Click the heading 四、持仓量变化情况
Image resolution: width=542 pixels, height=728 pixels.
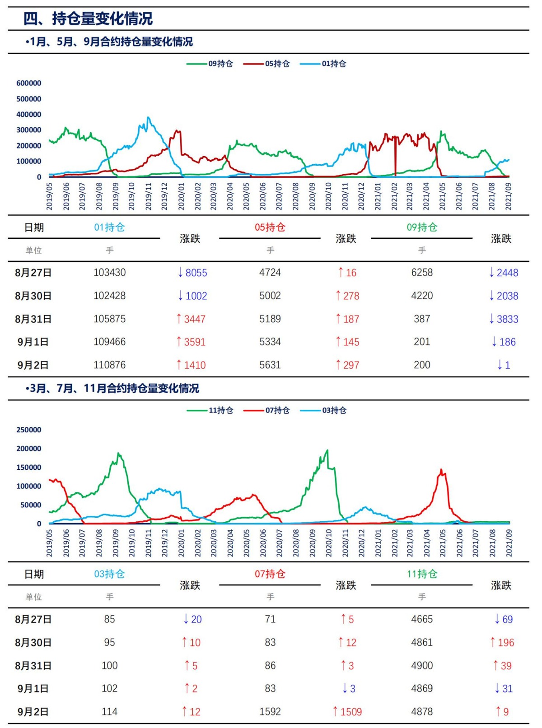88,19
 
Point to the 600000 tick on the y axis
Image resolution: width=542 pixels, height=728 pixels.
29,83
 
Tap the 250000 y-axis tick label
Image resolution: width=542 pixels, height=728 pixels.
29,430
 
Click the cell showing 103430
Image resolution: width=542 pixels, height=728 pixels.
110,273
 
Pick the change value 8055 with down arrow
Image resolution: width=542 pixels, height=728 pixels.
192,273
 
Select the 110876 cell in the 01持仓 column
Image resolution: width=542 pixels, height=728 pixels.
110,365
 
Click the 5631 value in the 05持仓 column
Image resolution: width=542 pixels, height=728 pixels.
270,365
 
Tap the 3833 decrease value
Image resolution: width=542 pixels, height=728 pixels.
504,319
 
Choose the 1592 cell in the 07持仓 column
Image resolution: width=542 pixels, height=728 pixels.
270,711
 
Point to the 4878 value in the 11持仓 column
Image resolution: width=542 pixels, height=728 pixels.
422,711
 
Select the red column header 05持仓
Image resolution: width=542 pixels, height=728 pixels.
270,227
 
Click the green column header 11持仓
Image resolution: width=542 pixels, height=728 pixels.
422,574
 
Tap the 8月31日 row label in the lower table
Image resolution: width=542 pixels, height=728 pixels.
33,666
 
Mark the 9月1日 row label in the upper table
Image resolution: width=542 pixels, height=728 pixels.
33,342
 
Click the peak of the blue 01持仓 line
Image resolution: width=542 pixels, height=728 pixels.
148,118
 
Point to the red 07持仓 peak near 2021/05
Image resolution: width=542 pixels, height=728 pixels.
441,470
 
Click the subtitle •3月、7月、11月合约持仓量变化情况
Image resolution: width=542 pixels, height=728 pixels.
112,388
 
